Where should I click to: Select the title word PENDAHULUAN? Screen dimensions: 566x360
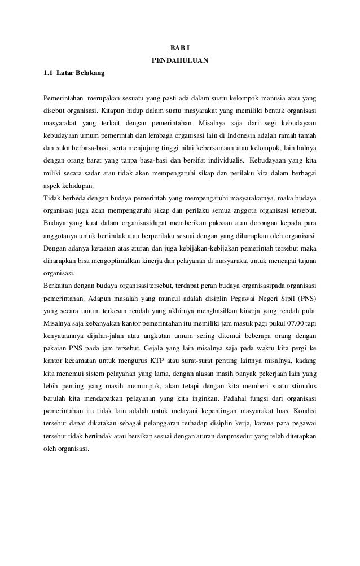tap(179, 59)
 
